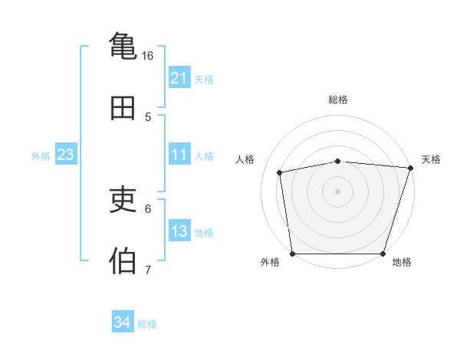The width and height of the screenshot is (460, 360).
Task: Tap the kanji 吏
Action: [123, 200]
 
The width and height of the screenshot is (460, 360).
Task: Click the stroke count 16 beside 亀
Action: [148, 55]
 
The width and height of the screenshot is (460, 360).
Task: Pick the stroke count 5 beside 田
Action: [148, 116]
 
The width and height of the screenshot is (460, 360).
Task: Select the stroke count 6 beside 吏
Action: [148, 208]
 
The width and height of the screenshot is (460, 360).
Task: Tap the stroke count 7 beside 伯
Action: [148, 270]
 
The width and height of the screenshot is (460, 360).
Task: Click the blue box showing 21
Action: [179, 78]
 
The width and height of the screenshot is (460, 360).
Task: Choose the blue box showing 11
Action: [179, 155]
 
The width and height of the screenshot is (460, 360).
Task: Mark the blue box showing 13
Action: [179, 231]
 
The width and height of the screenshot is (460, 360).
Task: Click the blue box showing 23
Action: [66, 155]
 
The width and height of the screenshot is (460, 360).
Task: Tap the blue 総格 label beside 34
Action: [147, 324]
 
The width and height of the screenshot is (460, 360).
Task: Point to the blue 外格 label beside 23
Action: [41, 156]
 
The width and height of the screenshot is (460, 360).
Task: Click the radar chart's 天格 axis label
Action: [431, 159]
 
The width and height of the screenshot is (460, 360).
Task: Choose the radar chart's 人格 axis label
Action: [245, 159]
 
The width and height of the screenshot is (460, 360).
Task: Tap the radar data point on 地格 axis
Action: [383, 254]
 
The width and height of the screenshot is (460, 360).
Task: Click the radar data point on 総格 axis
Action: [338, 161]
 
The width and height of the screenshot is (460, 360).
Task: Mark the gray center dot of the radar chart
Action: [338, 191]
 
